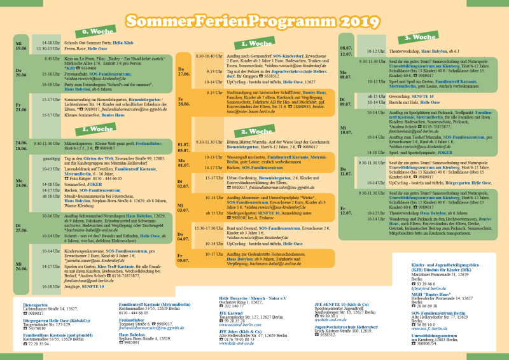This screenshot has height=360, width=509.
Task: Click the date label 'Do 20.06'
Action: [x=21, y=71]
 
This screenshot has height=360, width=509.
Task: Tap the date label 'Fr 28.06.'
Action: [x=183, y=101]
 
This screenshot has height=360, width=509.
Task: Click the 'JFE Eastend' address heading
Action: [x=232, y=314]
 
